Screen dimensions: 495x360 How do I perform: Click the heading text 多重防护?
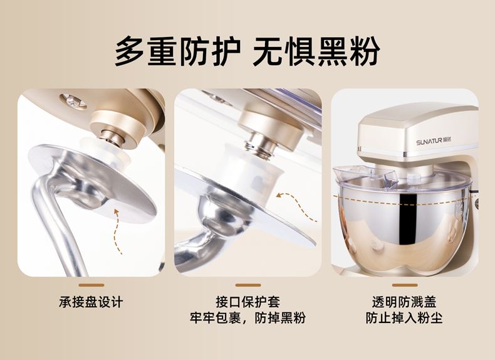tap(178, 51)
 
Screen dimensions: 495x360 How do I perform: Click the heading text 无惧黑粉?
tap(316, 51)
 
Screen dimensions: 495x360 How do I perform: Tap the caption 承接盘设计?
tap(91, 302)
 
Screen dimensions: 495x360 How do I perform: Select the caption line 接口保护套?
tap(248, 302)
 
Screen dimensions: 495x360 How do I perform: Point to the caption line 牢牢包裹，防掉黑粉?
tap(248, 317)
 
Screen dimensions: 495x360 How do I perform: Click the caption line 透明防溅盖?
tap(404, 302)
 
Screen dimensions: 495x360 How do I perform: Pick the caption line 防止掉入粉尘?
tap(404, 317)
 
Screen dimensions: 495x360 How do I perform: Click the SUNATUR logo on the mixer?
tap(434, 142)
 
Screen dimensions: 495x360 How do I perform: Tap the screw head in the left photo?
tap(73, 101)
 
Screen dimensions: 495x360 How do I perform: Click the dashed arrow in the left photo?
tap(117, 231)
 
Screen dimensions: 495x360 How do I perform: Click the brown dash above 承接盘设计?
tap(91, 285)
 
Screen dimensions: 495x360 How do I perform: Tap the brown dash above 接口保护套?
tap(248, 285)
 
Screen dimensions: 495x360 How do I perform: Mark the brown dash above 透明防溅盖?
tap(405, 285)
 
